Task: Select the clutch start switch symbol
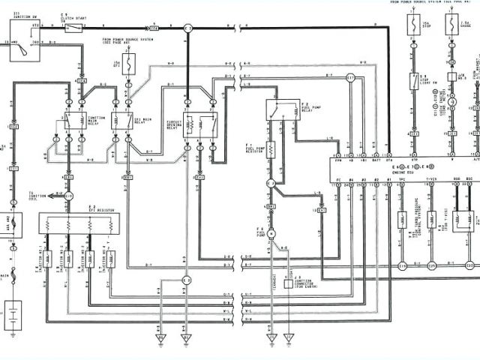pyautogui.click(x=73, y=28)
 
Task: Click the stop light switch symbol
pyautogui.click(x=413, y=81)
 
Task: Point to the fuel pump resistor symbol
pyautogui.click(x=271, y=149)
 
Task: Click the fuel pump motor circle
pyautogui.click(x=271, y=234)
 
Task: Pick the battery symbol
pyautogui.click(x=13, y=311)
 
